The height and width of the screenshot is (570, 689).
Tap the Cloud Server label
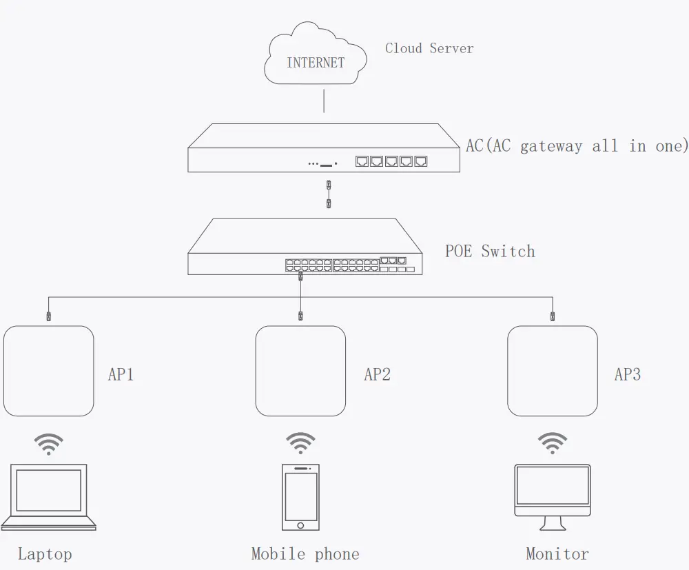pos(429,48)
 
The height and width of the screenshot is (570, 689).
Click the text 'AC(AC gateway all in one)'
pos(577,146)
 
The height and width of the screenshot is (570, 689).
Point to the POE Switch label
pos(489,251)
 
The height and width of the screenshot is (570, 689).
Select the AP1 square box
pos(48,371)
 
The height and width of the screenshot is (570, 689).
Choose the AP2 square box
pos(300,371)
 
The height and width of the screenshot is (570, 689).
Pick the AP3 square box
pos(553,371)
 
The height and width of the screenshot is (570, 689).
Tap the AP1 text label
pos(121,374)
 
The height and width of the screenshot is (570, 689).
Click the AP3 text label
pos(627,374)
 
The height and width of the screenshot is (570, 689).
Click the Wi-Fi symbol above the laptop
pos(48,443)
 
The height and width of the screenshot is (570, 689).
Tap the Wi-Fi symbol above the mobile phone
pos(300,443)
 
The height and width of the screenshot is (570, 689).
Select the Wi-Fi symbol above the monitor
pos(553,443)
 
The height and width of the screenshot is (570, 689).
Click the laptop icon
pos(48,496)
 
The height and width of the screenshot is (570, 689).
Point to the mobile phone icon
pos(300,497)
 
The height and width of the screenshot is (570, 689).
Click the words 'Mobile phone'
pos(305,553)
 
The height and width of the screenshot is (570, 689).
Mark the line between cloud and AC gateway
pos(324,103)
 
